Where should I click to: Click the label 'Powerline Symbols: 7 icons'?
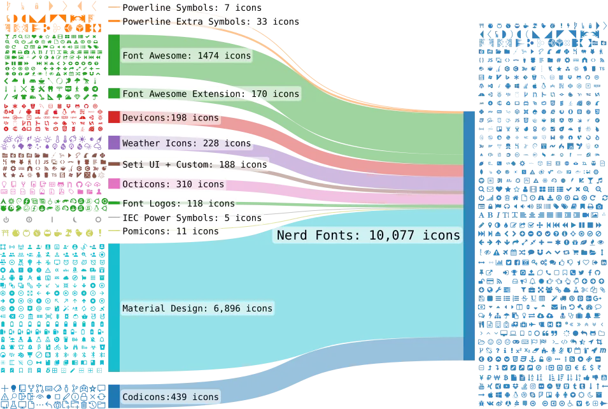[x=192, y=8]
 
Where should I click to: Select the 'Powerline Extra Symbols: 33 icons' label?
[x=211, y=22]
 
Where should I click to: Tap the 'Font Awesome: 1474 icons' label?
[x=187, y=56]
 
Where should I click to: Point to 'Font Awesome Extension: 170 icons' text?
[x=211, y=94]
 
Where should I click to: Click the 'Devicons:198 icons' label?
[x=171, y=118]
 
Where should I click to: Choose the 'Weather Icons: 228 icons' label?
[x=187, y=143]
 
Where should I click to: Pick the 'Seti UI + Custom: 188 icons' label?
[x=195, y=164]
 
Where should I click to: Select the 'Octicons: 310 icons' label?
[x=173, y=184]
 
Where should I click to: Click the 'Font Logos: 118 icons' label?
[x=179, y=203]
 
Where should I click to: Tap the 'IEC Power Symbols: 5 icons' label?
[x=192, y=218]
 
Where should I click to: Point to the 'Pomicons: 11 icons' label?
[x=171, y=231]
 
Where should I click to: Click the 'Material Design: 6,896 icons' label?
[x=197, y=308]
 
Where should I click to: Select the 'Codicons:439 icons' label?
[x=171, y=397]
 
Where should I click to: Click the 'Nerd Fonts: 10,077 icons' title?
[x=369, y=235]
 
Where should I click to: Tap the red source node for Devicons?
[x=114, y=117]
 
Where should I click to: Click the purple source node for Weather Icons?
[x=114, y=143]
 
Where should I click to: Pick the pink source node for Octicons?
[x=114, y=183]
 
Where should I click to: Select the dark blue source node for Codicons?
[x=114, y=396]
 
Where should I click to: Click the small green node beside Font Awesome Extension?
[x=114, y=93]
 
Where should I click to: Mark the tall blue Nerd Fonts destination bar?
[x=469, y=236]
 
